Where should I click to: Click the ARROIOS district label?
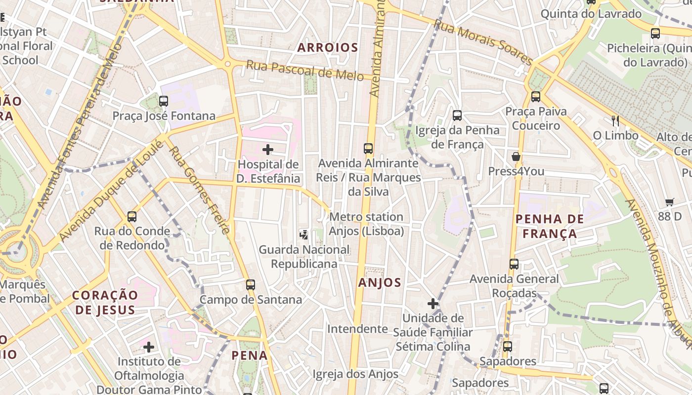click(x=328, y=48)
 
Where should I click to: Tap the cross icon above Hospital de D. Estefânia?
click(x=268, y=149)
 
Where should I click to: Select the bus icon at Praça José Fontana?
click(x=164, y=101)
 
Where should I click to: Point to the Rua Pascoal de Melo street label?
click(x=305, y=70)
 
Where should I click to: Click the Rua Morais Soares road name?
click(x=483, y=42)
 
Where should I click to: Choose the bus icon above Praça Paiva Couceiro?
click(x=536, y=97)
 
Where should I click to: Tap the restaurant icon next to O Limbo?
click(x=615, y=120)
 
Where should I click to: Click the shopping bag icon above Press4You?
click(x=516, y=157)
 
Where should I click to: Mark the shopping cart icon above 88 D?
click(x=670, y=201)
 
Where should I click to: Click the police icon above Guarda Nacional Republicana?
click(x=304, y=235)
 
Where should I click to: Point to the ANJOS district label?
click(x=380, y=282)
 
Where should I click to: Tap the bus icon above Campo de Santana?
click(x=251, y=285)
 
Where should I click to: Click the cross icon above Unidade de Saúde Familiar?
click(x=433, y=304)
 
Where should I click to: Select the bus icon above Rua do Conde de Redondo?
click(x=132, y=216)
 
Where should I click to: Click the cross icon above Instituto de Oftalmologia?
click(x=149, y=347)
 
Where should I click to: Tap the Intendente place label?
click(x=357, y=329)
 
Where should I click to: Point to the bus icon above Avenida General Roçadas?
click(x=514, y=264)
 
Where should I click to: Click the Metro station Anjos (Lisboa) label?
click(x=366, y=224)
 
